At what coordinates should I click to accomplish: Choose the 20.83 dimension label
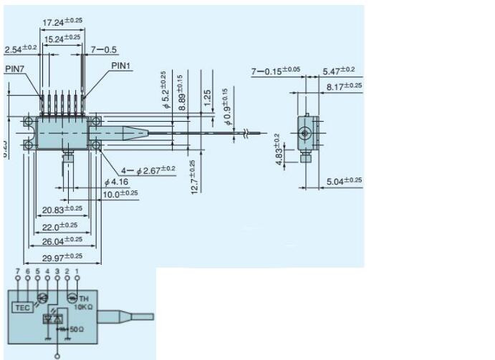pos(62,209)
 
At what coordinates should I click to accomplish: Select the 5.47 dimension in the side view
pos(340,72)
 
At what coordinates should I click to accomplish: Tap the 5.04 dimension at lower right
pos(344,181)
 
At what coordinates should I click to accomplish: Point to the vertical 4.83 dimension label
pos(280,153)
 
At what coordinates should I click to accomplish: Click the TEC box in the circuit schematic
pos(21,308)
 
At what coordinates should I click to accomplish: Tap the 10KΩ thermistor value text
pos(85,305)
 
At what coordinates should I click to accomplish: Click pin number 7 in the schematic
pos(17,271)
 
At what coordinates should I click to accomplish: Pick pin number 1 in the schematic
pos(77,271)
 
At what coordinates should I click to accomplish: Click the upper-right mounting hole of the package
pos(94,122)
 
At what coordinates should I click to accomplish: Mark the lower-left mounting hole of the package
pos(29,145)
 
